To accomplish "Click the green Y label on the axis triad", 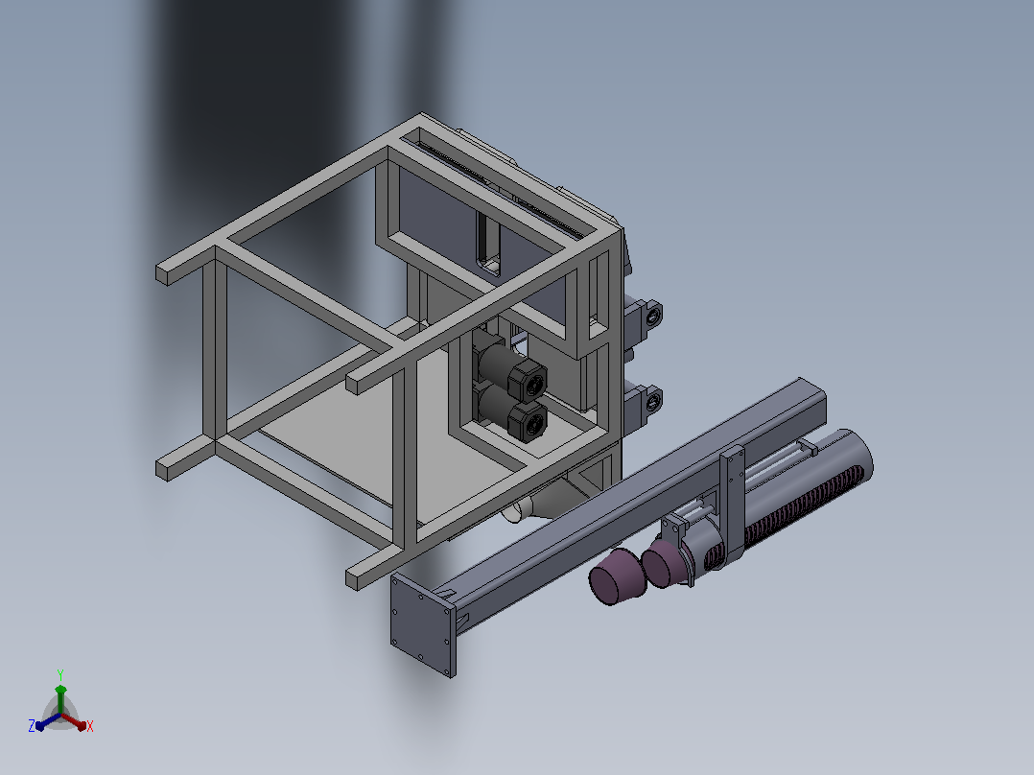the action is [x=60, y=675].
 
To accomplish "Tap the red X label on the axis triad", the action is [x=90, y=726].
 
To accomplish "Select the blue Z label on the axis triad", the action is [x=31, y=726].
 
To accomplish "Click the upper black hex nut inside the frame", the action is [x=527, y=381].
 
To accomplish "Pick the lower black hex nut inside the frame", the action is [x=528, y=422].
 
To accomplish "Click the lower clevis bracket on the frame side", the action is [x=644, y=404].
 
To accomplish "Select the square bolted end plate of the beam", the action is [x=423, y=624].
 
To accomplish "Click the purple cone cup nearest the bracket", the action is [x=665, y=563].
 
